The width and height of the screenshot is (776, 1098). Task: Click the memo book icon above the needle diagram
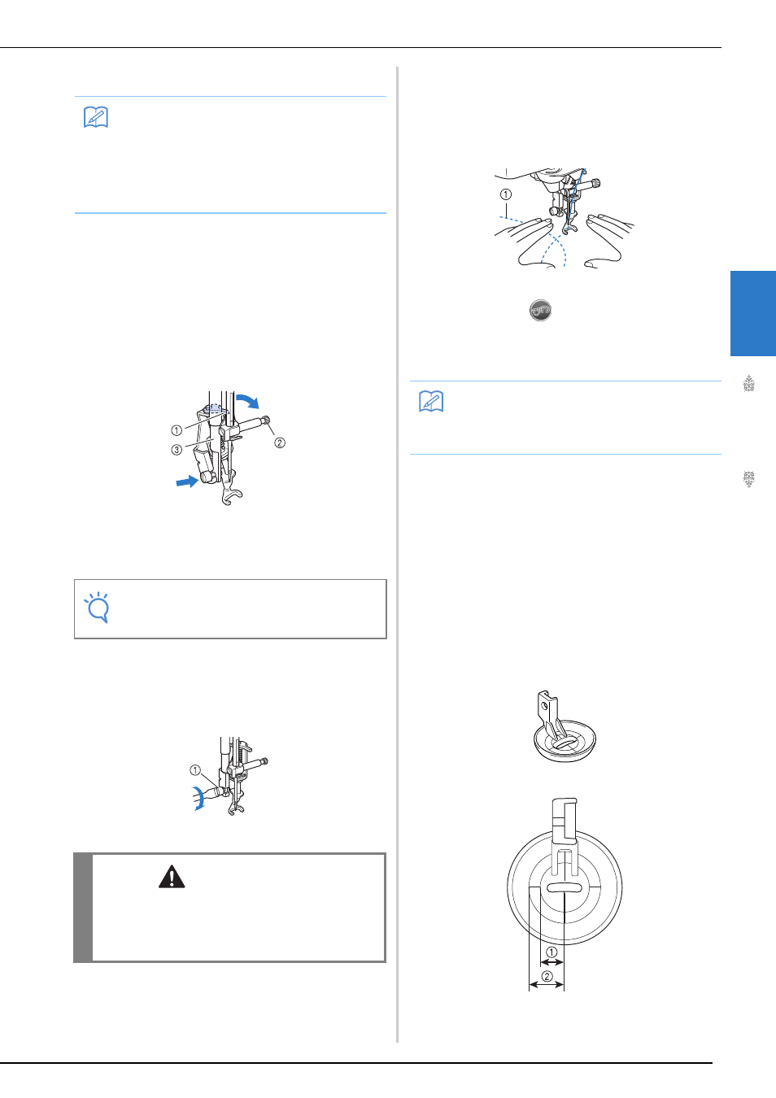(96, 117)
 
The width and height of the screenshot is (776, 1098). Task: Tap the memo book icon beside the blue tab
(431, 402)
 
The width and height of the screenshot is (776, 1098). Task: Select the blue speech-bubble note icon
(97, 608)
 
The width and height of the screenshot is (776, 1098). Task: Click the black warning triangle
(172, 877)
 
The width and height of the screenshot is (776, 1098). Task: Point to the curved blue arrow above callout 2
(249, 400)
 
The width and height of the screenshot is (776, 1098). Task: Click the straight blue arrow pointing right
(187, 481)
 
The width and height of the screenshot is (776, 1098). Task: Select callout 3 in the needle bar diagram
(177, 450)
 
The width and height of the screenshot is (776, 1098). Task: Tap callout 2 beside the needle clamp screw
(280, 442)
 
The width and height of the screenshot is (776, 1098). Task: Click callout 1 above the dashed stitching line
(505, 194)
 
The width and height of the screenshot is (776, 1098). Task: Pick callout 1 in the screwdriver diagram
(195, 770)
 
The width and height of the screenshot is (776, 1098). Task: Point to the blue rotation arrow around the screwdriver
(197, 798)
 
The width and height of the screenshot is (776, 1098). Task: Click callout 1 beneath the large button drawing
(551, 952)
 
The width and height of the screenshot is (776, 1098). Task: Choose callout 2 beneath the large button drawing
(547, 976)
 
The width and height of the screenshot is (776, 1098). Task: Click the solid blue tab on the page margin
(753, 313)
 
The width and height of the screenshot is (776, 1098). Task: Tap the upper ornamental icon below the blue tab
(748, 384)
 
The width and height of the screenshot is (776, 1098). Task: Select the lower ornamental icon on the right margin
(748, 479)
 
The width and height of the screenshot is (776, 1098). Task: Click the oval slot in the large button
(565, 887)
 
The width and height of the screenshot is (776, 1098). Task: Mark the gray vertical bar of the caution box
(83, 908)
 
